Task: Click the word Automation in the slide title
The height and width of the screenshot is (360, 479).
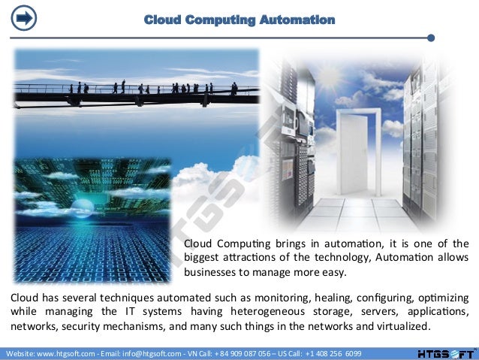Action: tap(299, 20)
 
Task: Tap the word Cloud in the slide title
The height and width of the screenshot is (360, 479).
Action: tap(162, 20)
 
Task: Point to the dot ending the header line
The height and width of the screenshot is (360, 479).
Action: tap(430, 37)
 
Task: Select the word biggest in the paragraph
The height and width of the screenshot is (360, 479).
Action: tap(204, 258)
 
